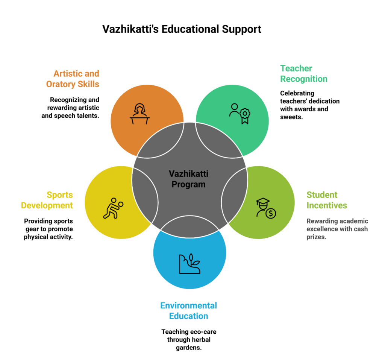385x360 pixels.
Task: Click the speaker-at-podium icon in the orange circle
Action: pos(140,114)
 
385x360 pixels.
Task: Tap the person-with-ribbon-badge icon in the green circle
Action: pos(240,113)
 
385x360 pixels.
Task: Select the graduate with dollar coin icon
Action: pos(265,208)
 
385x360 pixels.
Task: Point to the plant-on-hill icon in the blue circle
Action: pos(190,263)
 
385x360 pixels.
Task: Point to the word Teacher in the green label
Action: pos(296,68)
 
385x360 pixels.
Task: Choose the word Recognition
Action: pos(304,79)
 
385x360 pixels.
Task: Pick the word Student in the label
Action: pos(322,195)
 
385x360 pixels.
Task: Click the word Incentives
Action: pos(327,205)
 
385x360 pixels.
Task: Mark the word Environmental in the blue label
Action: pos(188,305)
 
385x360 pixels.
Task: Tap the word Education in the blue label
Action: pos(188,316)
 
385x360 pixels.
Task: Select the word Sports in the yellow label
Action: pos(60,195)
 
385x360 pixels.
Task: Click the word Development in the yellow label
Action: pos(47,205)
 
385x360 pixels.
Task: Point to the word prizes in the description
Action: pos(316,237)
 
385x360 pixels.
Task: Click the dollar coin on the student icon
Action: pos(270,214)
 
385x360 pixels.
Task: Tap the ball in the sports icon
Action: pos(121,204)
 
